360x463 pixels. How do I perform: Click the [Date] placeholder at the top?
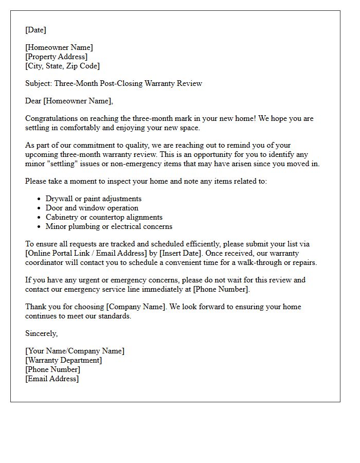pyautogui.click(x=35, y=30)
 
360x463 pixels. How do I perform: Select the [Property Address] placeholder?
pyautogui.click(x=56, y=57)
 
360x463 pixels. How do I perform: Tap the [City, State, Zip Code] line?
pyautogui.click(x=62, y=66)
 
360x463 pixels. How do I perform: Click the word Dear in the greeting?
pyautogui.click(x=33, y=101)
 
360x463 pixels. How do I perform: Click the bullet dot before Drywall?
pyautogui.click(x=40, y=199)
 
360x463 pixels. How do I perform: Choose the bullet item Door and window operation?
pyautogui.click(x=92, y=208)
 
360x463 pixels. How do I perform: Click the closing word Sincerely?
pyautogui.click(x=41, y=333)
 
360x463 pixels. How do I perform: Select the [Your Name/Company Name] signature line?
pyautogui.click(x=75, y=351)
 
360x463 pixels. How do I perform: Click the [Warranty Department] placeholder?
pyautogui.click(x=63, y=360)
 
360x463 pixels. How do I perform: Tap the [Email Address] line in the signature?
pyautogui.click(x=52, y=379)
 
